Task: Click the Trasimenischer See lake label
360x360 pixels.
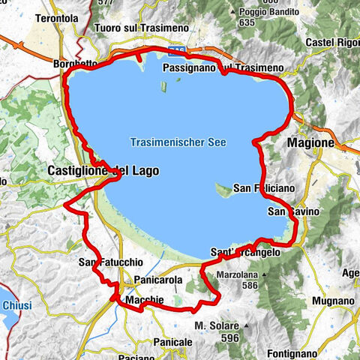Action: (177, 142)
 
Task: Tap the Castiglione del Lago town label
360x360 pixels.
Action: (103, 171)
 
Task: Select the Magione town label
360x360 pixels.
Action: (310, 142)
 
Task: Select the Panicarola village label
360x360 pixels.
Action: (156, 280)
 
